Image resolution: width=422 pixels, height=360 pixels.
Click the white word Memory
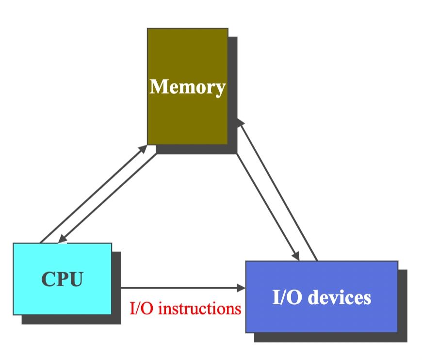pyautogui.click(x=187, y=87)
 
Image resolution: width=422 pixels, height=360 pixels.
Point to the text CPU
pyautogui.click(x=62, y=279)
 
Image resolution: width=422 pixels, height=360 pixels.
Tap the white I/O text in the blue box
pyautogui.click(x=286, y=297)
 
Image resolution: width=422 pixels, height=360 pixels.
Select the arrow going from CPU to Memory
pyautogui.click(x=92, y=194)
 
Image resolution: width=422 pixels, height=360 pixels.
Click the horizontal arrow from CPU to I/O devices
pyautogui.click(x=179, y=288)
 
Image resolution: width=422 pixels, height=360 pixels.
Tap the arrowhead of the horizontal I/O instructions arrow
pyautogui.click(x=241, y=288)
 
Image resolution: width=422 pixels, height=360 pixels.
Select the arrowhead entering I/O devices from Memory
pyautogui.click(x=295, y=256)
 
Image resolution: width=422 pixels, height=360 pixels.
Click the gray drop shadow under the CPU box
pyautogui.click(x=73, y=320)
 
